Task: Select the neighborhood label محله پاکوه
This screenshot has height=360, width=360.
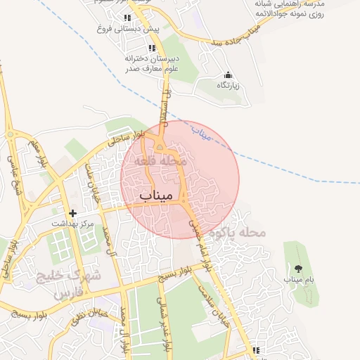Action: (x=242, y=232)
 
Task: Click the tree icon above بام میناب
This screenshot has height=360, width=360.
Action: (x=297, y=268)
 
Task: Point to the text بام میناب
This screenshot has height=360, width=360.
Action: (x=297, y=279)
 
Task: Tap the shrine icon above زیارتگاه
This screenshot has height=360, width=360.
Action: (x=228, y=75)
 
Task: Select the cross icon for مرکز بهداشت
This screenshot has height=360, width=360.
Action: (x=72, y=212)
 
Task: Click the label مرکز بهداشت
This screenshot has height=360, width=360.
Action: (x=72, y=223)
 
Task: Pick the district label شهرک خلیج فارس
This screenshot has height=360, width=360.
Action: (x=74, y=283)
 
